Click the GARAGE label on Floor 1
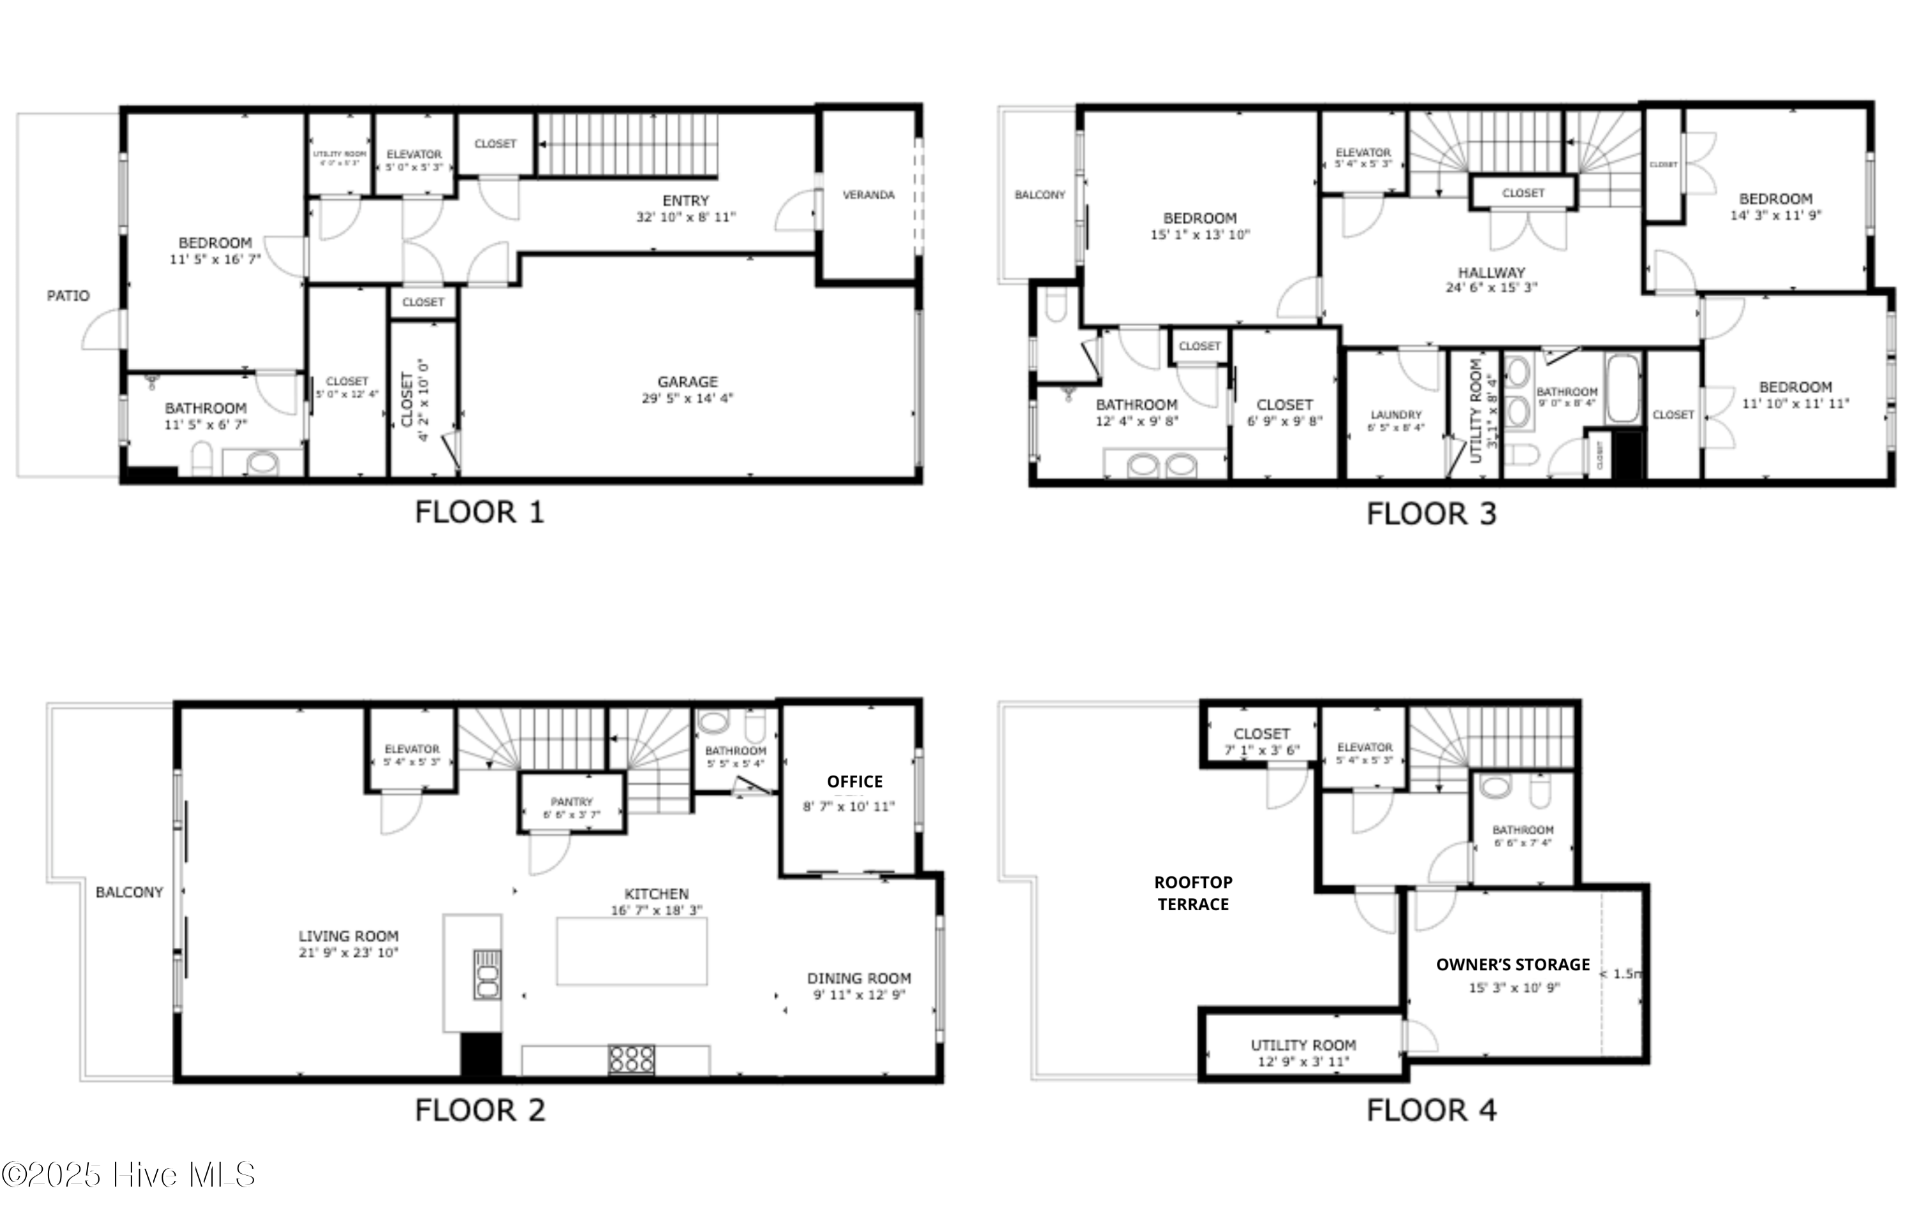[x=687, y=382]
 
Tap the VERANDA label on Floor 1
[x=868, y=195]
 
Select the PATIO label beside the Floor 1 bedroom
[x=68, y=296]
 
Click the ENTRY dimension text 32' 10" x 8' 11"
[x=685, y=217]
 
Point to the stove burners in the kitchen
[x=631, y=1059]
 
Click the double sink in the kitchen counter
[x=487, y=975]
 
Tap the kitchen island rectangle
[x=631, y=951]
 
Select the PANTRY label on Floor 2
[x=571, y=801]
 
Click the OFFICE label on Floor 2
[x=854, y=781]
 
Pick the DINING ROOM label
[x=858, y=979]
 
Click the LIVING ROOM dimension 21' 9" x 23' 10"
[x=348, y=953]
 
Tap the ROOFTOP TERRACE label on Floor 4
[x=1193, y=893]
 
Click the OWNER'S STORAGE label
[x=1512, y=964]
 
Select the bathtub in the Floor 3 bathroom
[x=1623, y=389]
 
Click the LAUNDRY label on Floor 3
[x=1396, y=414]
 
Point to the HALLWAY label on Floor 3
[x=1491, y=273]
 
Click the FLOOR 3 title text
[x=1430, y=514]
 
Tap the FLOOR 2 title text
[x=480, y=1110]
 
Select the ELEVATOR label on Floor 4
[x=1364, y=747]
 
